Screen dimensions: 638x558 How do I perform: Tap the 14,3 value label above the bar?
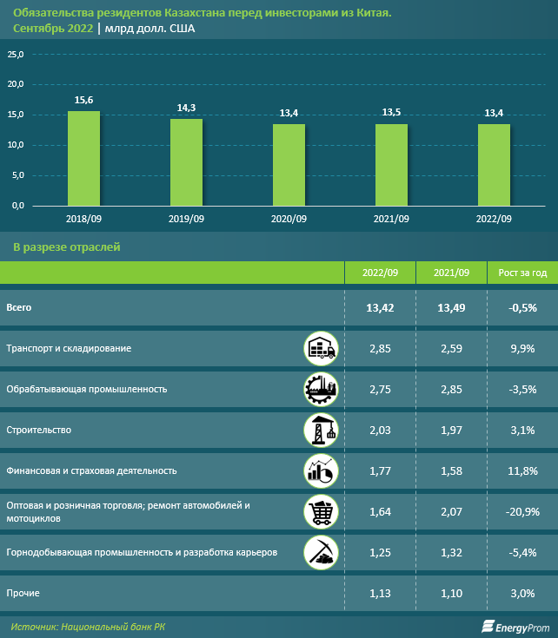(186, 108)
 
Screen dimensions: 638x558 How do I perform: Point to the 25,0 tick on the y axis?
(16, 55)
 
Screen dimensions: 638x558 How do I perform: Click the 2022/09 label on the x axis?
(494, 219)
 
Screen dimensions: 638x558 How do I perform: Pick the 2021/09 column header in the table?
(451, 273)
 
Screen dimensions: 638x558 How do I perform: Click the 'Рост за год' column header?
(522, 273)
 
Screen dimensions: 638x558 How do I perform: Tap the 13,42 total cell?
(381, 307)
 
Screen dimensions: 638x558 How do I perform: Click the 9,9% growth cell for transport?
(522, 348)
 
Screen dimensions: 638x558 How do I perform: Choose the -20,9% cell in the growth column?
(522, 511)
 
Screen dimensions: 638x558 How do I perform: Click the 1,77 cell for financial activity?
(381, 470)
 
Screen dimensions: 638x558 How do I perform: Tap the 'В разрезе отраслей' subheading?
(66, 247)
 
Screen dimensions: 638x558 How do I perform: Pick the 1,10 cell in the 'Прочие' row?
(451, 593)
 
